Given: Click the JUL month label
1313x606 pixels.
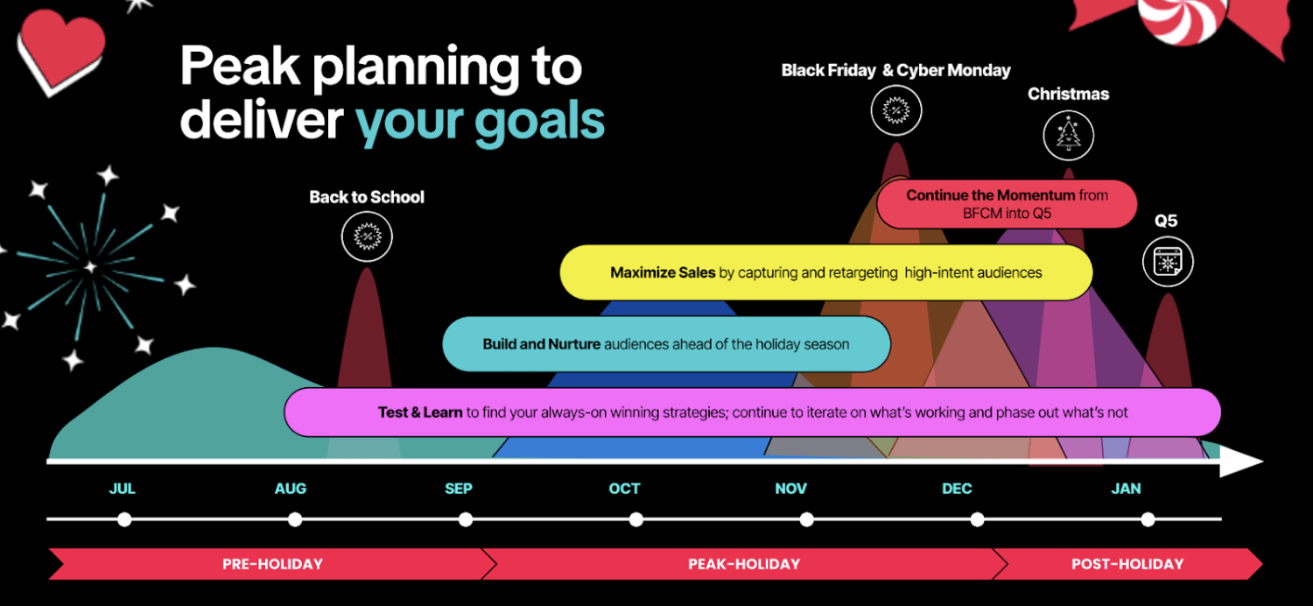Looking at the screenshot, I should pyautogui.click(x=123, y=489).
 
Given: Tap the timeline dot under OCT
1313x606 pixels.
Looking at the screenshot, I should pyautogui.click(x=635, y=519).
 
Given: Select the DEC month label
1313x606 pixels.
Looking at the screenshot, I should pyautogui.click(x=957, y=489).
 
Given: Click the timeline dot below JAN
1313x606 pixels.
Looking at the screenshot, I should pyautogui.click(x=1148, y=519).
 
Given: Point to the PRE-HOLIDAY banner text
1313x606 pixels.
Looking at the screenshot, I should pyautogui.click(x=272, y=564).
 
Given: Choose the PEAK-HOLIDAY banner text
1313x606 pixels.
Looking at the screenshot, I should pyautogui.click(x=744, y=564).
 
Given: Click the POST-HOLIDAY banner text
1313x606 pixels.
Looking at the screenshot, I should pyautogui.click(x=1127, y=564).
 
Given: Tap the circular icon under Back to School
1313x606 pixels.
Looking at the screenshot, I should pyautogui.click(x=367, y=236).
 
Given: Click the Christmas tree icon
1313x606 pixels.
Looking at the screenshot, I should pyautogui.click(x=1068, y=136).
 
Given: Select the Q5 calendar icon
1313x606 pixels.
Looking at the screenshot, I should pyautogui.click(x=1168, y=262).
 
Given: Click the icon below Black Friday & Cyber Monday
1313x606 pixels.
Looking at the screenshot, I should pyautogui.click(x=896, y=110).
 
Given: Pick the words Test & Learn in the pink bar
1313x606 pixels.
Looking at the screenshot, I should pyautogui.click(x=420, y=412).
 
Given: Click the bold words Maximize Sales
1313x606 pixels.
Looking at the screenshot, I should pyautogui.click(x=663, y=272).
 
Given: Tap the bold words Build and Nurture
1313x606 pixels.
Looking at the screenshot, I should pyautogui.click(x=541, y=344).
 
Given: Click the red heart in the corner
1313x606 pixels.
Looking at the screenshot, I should pyautogui.click(x=60, y=48).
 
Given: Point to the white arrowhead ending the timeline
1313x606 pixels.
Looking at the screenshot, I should pyautogui.click(x=1241, y=462).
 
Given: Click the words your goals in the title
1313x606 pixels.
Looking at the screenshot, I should pyautogui.click(x=480, y=121).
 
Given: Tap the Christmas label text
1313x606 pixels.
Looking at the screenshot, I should pyautogui.click(x=1068, y=94).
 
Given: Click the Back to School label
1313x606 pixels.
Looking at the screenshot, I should pyautogui.click(x=367, y=197).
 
